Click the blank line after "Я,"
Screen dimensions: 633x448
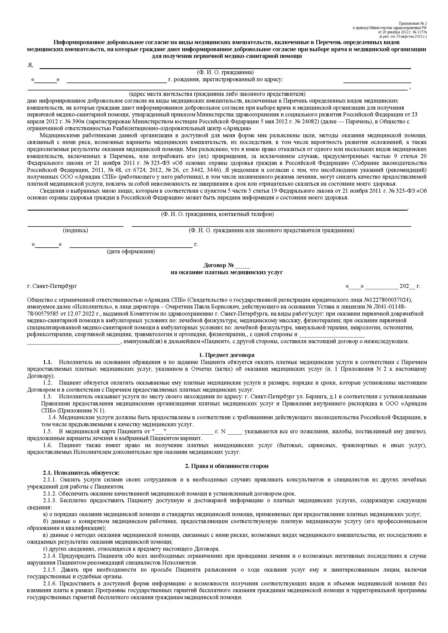tap(225, 68)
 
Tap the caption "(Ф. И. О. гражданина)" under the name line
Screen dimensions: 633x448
tap(225, 73)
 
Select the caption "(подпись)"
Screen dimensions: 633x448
tap(75, 230)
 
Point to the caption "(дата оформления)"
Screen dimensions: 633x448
tap(131, 251)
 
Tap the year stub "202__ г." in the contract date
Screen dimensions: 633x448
tap(410, 286)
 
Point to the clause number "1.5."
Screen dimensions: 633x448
tap(47, 431)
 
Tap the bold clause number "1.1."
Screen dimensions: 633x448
tap(47, 362)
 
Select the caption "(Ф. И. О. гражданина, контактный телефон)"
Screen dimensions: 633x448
tap(217, 214)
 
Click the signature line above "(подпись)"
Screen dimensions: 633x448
tap(75, 226)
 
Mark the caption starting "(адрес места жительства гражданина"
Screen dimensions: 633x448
tap(217, 94)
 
